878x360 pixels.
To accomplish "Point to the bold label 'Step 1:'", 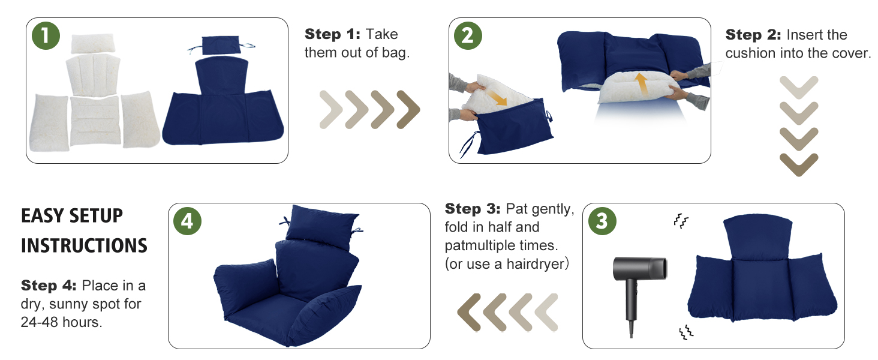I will coord(332,34).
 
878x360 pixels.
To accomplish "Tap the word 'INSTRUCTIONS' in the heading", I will coord(84,245).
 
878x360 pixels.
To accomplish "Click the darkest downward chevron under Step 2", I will coord(798,163).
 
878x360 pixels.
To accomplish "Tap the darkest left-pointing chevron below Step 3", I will coord(470,313).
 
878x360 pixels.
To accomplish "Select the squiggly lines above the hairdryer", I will coord(680,221).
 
